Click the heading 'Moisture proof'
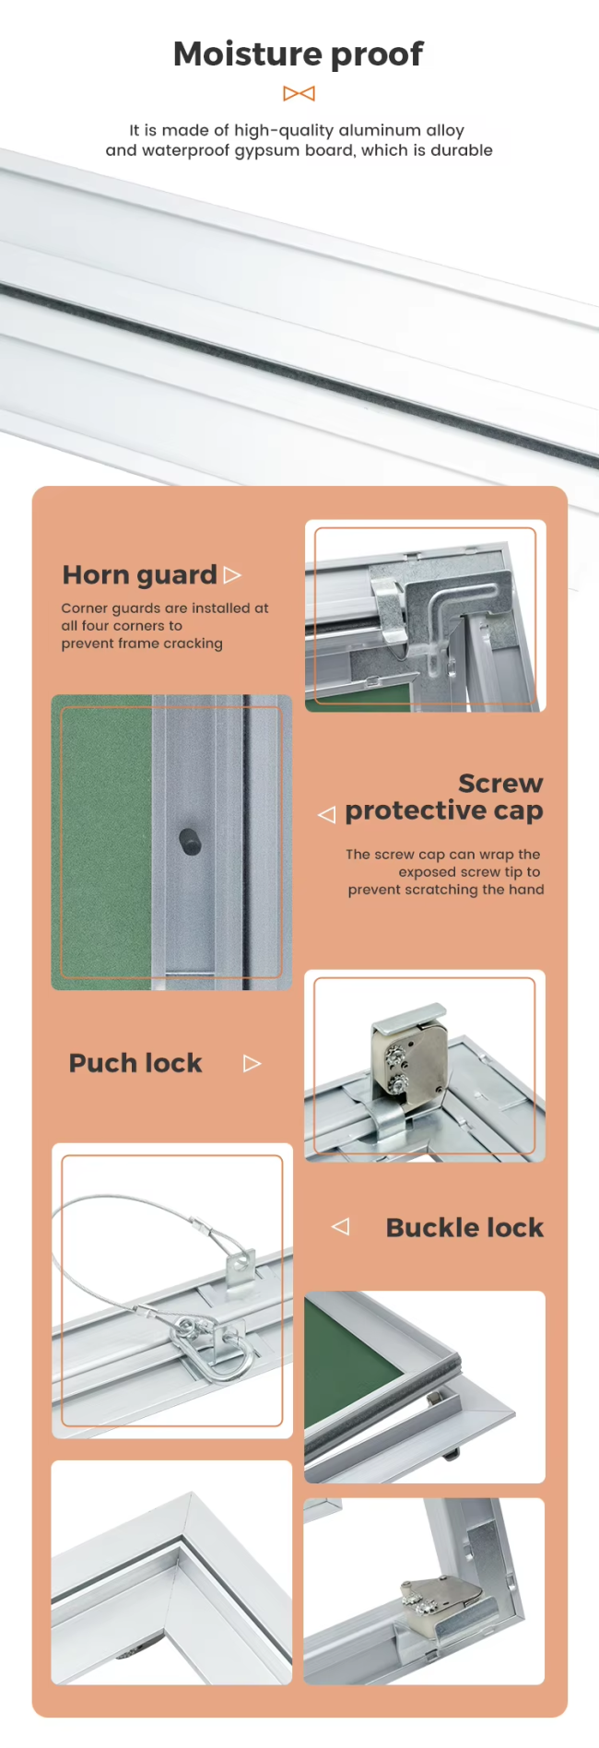tap(299, 54)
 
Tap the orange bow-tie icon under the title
tap(299, 93)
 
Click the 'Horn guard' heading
tap(139, 575)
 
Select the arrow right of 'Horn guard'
tap(232, 575)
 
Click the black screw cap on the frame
tap(190, 842)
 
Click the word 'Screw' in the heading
tap(500, 784)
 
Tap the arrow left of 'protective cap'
tap(326, 815)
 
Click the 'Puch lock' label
tap(135, 1063)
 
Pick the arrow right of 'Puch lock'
tap(253, 1064)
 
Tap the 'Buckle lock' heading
tap(464, 1228)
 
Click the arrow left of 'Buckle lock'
tap(340, 1227)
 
